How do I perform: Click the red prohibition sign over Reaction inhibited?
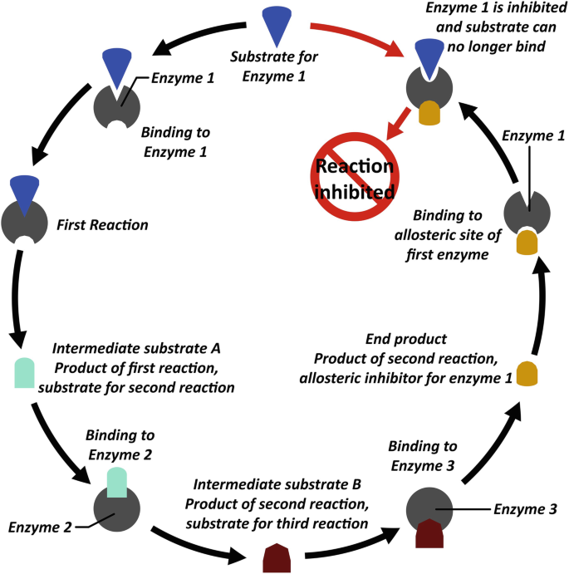(355, 176)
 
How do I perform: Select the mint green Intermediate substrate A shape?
(25, 373)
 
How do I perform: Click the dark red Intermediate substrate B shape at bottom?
(277, 558)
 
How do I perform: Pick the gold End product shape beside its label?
(527, 374)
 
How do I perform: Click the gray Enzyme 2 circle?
(117, 508)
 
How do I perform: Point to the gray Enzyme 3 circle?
(429, 510)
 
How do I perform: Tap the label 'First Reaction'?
(102, 225)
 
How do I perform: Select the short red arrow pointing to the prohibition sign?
(399, 124)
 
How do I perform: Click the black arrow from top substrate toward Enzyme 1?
(199, 37)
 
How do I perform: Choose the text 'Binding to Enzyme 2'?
(120, 444)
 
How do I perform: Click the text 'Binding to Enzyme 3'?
(423, 456)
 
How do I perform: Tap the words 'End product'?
(406, 339)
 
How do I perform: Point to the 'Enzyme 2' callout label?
(40, 527)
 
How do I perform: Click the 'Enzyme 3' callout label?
(525, 509)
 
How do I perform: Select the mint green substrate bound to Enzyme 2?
(117, 482)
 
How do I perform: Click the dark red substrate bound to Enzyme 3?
(429, 533)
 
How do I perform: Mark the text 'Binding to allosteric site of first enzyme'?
(447, 234)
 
